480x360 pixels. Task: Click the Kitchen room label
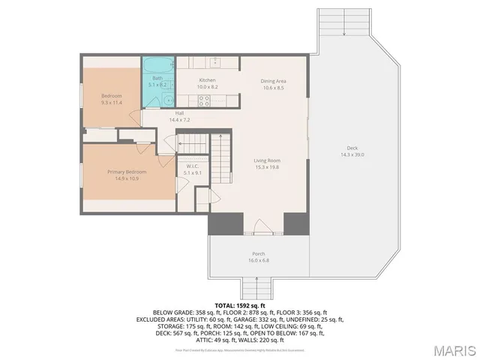coord(207,80)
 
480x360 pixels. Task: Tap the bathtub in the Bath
coord(157,66)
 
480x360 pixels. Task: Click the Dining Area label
coord(273,80)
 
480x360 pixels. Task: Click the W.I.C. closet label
coord(192,166)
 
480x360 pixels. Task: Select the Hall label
coord(180,113)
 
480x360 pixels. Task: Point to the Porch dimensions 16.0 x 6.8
coord(257,261)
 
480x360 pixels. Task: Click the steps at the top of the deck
coord(344,22)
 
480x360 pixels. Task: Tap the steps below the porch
coord(256,286)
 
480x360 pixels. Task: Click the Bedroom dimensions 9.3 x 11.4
coord(112,102)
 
